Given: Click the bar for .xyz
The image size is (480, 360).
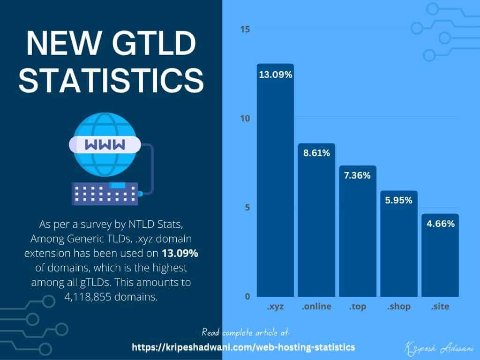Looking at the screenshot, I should [275, 187].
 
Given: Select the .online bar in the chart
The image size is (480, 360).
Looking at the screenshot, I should [316, 225].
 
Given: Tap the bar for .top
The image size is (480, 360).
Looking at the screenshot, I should [358, 234].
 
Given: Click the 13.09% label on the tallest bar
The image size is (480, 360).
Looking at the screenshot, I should [275, 75].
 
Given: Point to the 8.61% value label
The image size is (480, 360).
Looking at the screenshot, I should [316, 153].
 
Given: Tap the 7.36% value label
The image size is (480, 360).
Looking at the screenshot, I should [358, 176].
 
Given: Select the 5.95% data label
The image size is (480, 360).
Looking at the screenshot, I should [399, 201].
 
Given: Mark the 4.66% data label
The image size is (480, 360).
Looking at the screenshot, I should [440, 224].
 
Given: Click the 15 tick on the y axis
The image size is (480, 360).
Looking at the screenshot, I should [245, 30].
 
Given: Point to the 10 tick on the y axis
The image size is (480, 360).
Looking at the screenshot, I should [245, 119].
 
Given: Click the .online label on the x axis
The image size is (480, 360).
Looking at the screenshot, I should [316, 307].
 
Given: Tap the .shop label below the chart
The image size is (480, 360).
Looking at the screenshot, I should [399, 307].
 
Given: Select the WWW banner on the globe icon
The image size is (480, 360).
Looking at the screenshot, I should [105, 145].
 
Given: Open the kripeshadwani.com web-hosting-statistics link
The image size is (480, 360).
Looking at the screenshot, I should [243, 347].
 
